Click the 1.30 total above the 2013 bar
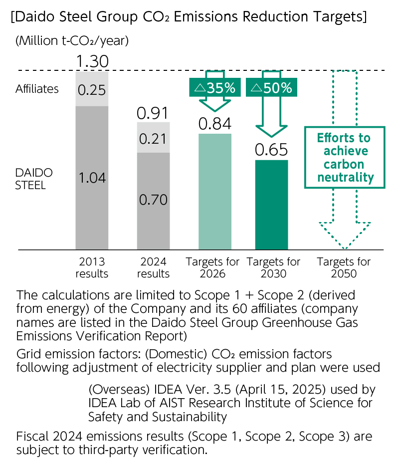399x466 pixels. pos(92,62)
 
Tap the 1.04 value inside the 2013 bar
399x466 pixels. pos(92,178)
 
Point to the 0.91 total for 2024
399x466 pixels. pos(153,113)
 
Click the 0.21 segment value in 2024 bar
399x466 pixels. pos(153,138)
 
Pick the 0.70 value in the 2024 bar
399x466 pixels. pos(153,200)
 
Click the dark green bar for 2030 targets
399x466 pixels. pos(271,205)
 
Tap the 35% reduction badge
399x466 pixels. pos(215,88)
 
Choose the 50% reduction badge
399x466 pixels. pos(272,88)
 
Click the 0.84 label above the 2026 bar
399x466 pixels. pos(214,124)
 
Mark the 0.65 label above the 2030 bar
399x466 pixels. pos(271,150)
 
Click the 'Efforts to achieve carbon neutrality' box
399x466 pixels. pos(344,157)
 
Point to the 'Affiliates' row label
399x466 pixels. pos(37,89)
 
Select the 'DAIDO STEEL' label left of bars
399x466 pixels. pos(31,179)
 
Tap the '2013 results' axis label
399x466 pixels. pos(92,267)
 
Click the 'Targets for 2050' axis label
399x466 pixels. pos(344,267)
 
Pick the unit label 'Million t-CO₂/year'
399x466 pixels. pos(72,41)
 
